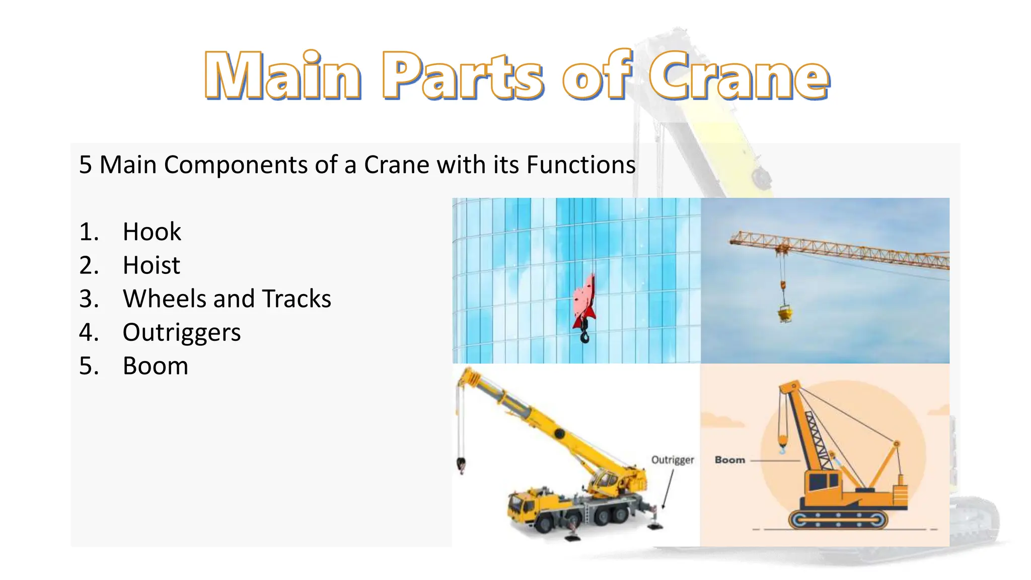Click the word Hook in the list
[x=152, y=232]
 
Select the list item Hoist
[x=151, y=265]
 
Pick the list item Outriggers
[x=182, y=332]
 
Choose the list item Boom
[x=156, y=366]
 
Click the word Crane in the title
[x=739, y=76]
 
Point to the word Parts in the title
[x=463, y=76]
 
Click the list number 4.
[x=88, y=332]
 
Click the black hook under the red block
[x=584, y=335]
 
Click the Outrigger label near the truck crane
[x=672, y=460]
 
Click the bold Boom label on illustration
[x=729, y=460]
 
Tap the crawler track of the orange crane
[x=838, y=519]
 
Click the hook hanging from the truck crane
[x=461, y=465]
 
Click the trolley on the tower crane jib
[x=782, y=248]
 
